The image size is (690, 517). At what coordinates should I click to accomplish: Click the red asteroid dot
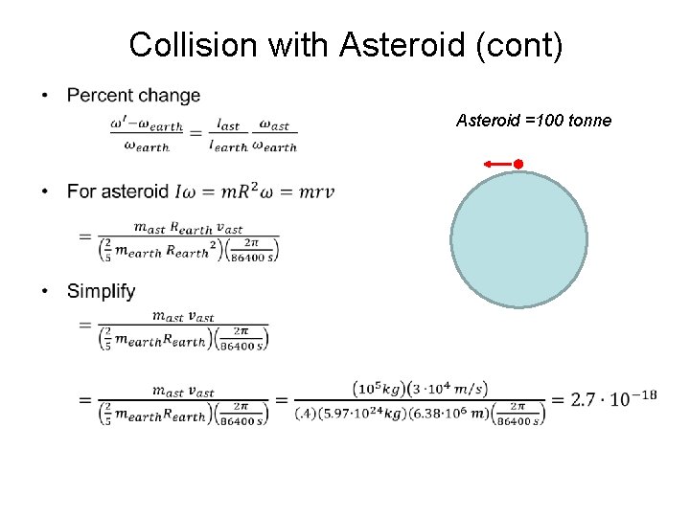click(x=517, y=165)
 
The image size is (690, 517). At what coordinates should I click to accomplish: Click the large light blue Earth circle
click(x=518, y=239)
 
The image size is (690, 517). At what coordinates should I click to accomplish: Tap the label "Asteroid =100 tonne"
click(x=534, y=121)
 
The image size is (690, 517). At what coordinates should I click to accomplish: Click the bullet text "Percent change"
click(x=134, y=96)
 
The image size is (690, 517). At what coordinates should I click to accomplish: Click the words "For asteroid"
click(x=118, y=191)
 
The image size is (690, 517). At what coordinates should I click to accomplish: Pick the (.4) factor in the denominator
click(x=310, y=414)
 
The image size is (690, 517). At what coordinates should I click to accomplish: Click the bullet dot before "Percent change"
click(x=45, y=96)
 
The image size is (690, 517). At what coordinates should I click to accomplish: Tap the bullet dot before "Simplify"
click(x=45, y=291)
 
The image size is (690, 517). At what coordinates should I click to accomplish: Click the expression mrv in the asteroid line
click(x=315, y=191)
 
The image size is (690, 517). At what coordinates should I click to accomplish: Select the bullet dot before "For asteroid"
click(x=45, y=191)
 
